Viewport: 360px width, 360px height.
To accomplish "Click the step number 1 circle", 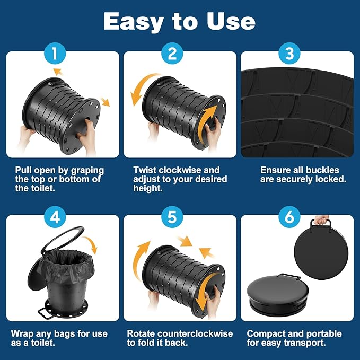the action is pyautogui.click(x=55, y=53).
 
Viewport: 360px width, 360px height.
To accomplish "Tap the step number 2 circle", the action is pyautogui.click(x=172, y=53).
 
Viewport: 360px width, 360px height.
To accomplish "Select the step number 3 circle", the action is pyautogui.click(x=289, y=53).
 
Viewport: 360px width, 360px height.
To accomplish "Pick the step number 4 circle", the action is pyautogui.click(x=55, y=217).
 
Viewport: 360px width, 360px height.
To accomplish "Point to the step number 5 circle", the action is pyautogui.click(x=172, y=217).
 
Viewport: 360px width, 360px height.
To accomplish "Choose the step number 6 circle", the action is pyautogui.click(x=289, y=217).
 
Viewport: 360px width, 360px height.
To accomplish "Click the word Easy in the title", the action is pyautogui.click(x=134, y=22).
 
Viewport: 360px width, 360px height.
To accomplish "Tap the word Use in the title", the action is pyautogui.click(x=231, y=21).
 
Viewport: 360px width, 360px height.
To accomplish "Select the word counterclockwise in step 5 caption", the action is pyautogui.click(x=196, y=333).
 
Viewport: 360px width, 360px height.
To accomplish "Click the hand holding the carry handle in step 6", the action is pyautogui.click(x=321, y=219).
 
